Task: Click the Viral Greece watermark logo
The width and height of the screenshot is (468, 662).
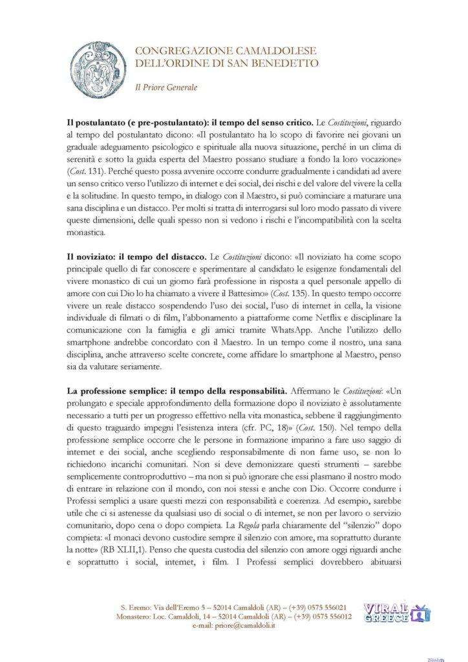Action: click(395, 613)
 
